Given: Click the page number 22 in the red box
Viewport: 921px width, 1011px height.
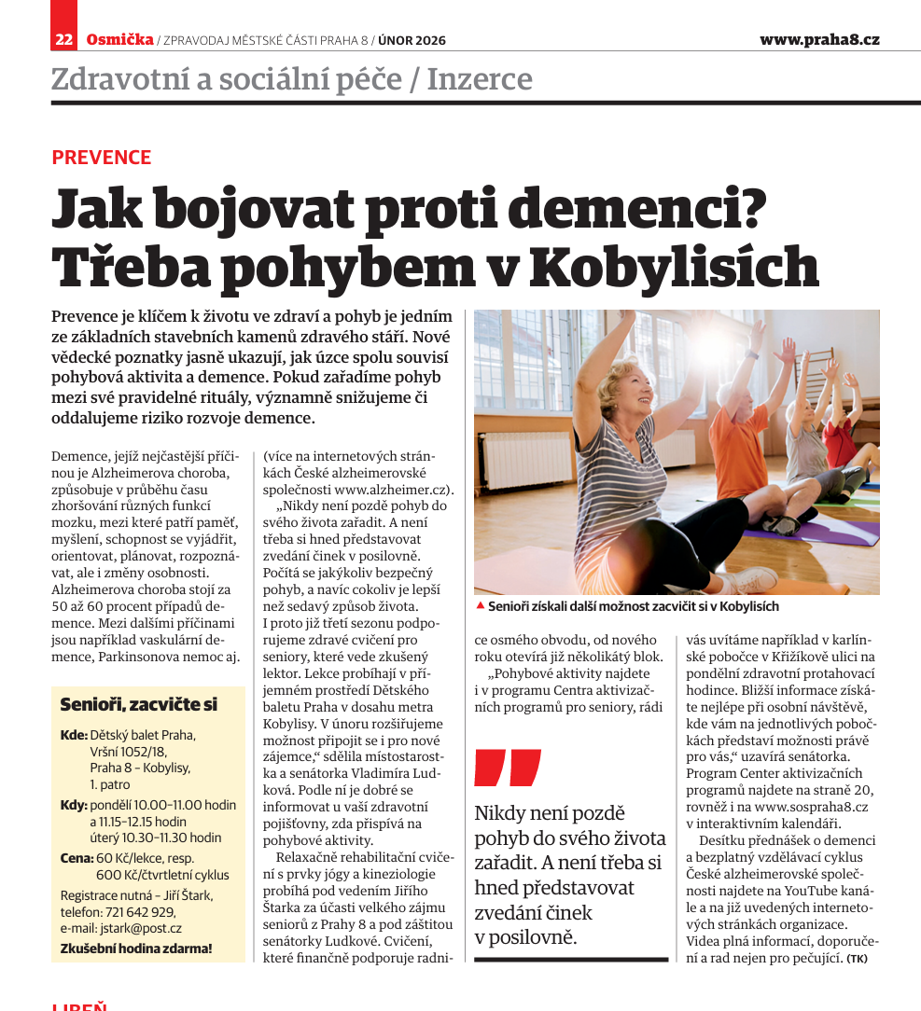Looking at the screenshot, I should (64, 39).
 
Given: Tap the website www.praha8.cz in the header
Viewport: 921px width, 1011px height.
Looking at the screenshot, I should (818, 39).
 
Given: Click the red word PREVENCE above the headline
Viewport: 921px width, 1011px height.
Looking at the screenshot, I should (101, 157).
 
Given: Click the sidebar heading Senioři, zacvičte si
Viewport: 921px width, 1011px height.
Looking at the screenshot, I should (138, 704).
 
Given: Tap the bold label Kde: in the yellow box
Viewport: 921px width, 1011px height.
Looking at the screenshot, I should (74, 735).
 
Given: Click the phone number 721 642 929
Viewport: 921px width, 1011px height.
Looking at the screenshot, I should (138, 912).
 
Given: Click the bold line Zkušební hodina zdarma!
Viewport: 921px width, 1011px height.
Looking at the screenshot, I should (136, 949).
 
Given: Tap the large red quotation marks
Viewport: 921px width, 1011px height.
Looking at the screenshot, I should (507, 768).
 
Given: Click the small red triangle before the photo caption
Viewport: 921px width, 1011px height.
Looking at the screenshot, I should (480, 605).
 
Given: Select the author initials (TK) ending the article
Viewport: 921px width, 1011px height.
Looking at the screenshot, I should (857, 958).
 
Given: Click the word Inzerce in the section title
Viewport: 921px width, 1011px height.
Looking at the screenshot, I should (480, 79).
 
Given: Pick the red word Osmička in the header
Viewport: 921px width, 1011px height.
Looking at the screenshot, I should (119, 39).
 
